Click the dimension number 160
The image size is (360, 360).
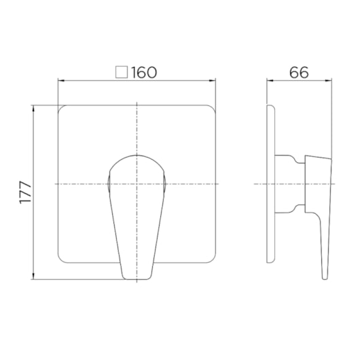(144, 72)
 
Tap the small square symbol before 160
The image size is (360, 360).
(122, 72)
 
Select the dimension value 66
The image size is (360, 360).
(299, 72)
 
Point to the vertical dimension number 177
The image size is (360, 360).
(26, 192)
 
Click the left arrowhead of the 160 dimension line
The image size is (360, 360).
(61, 81)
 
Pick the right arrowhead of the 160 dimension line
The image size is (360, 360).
(213, 81)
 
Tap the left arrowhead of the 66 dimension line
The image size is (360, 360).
(270, 81)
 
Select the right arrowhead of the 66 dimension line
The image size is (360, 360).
(329, 81)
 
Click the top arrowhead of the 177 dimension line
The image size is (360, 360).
(33, 109)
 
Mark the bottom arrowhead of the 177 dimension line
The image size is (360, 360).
(33, 276)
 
